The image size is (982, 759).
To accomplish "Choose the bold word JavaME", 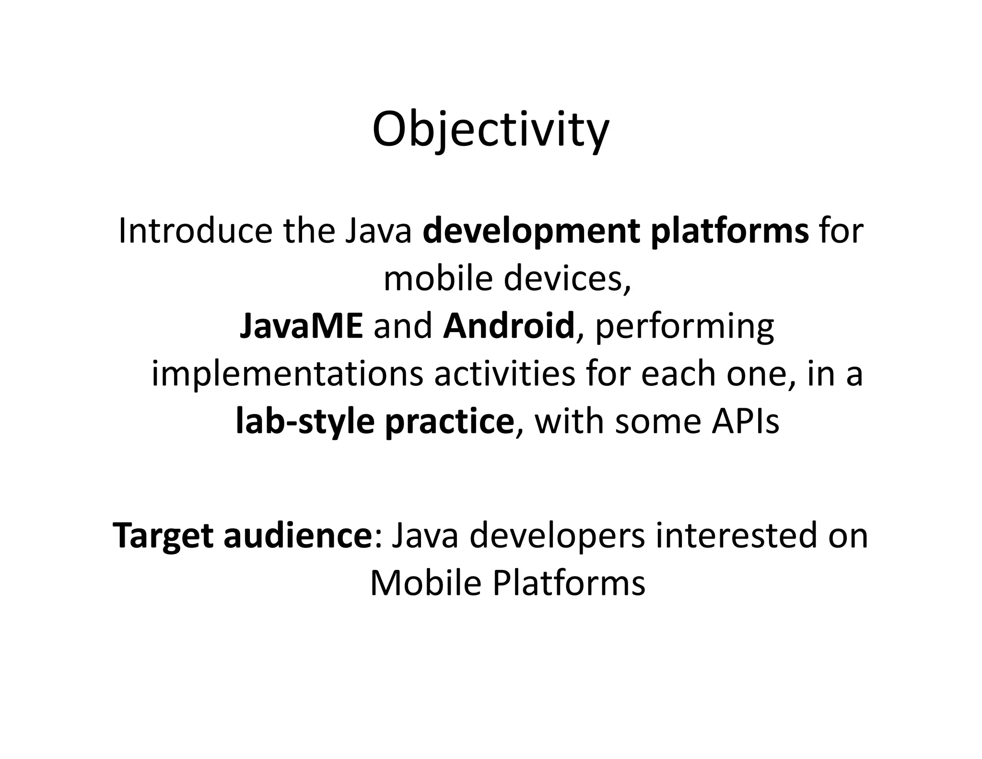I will [x=301, y=326].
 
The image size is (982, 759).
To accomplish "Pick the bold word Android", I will [x=509, y=326].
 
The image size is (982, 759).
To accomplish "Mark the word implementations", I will [x=287, y=375].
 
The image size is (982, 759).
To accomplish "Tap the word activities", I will [x=504, y=374].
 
